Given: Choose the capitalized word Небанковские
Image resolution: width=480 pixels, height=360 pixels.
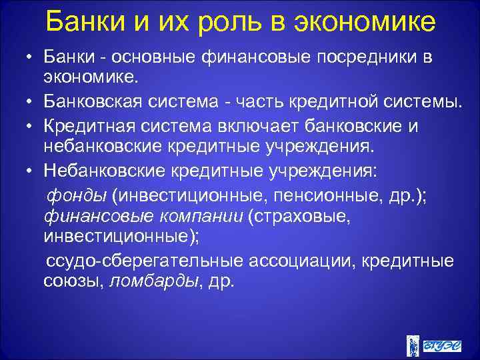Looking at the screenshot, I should (x=104, y=171).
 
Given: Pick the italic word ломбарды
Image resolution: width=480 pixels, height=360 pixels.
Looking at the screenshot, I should (x=153, y=280).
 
